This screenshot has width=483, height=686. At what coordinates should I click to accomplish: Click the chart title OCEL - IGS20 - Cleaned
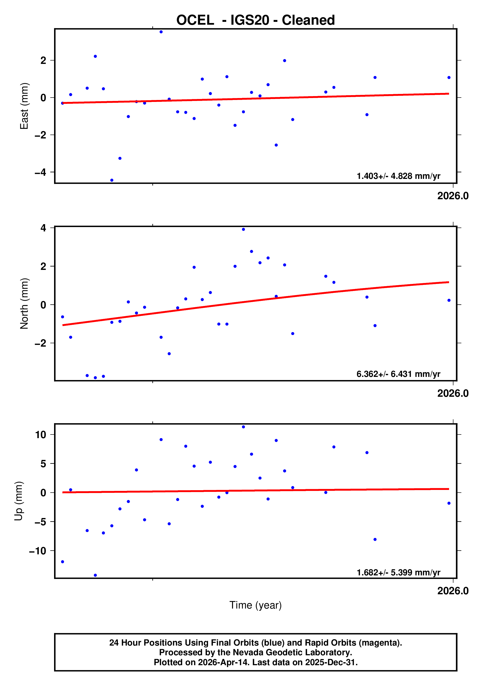click(x=255, y=20)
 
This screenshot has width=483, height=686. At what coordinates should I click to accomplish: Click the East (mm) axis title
click(x=24, y=106)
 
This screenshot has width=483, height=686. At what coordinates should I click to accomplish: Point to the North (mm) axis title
click(x=24, y=304)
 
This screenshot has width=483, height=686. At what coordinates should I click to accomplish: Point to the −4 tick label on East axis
click(x=40, y=172)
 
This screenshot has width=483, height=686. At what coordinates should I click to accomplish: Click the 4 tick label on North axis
click(x=43, y=228)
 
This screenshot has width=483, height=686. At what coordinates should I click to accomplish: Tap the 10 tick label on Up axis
click(x=41, y=435)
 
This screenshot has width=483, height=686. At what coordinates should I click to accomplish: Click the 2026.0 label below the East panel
click(x=452, y=196)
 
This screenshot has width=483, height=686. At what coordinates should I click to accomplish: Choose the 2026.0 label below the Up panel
click(x=452, y=591)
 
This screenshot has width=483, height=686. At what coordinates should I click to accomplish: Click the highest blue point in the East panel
click(x=161, y=32)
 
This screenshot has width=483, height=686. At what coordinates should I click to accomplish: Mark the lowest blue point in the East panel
click(x=112, y=180)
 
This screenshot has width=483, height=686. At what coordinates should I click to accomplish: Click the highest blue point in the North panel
click(x=243, y=229)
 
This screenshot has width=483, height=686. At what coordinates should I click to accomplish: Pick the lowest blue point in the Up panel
click(x=95, y=575)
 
